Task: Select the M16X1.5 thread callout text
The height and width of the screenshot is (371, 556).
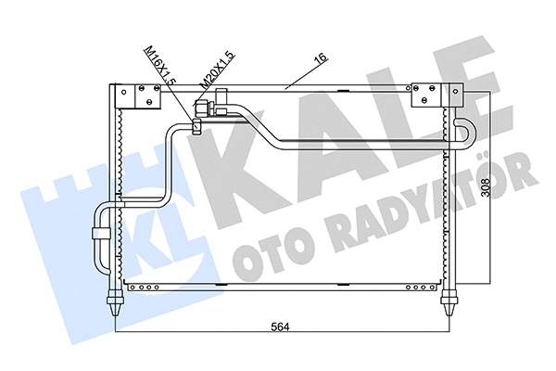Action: pos(159,69)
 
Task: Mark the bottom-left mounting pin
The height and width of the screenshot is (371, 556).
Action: pos(115,298)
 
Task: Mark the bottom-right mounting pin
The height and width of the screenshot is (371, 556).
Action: pos(451,298)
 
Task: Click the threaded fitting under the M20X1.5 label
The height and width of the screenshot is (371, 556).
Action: pos(219,109)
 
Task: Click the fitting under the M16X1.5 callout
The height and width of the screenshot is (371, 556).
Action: pos(197,123)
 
